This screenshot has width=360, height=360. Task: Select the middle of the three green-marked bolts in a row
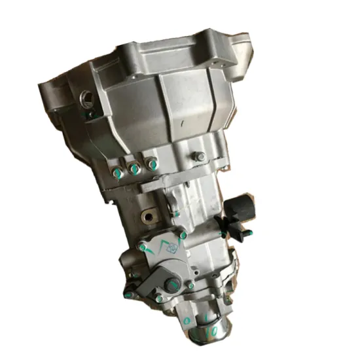(134, 169)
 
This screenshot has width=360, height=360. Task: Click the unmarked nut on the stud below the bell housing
(199, 157)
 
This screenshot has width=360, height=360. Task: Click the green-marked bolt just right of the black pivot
(190, 286)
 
